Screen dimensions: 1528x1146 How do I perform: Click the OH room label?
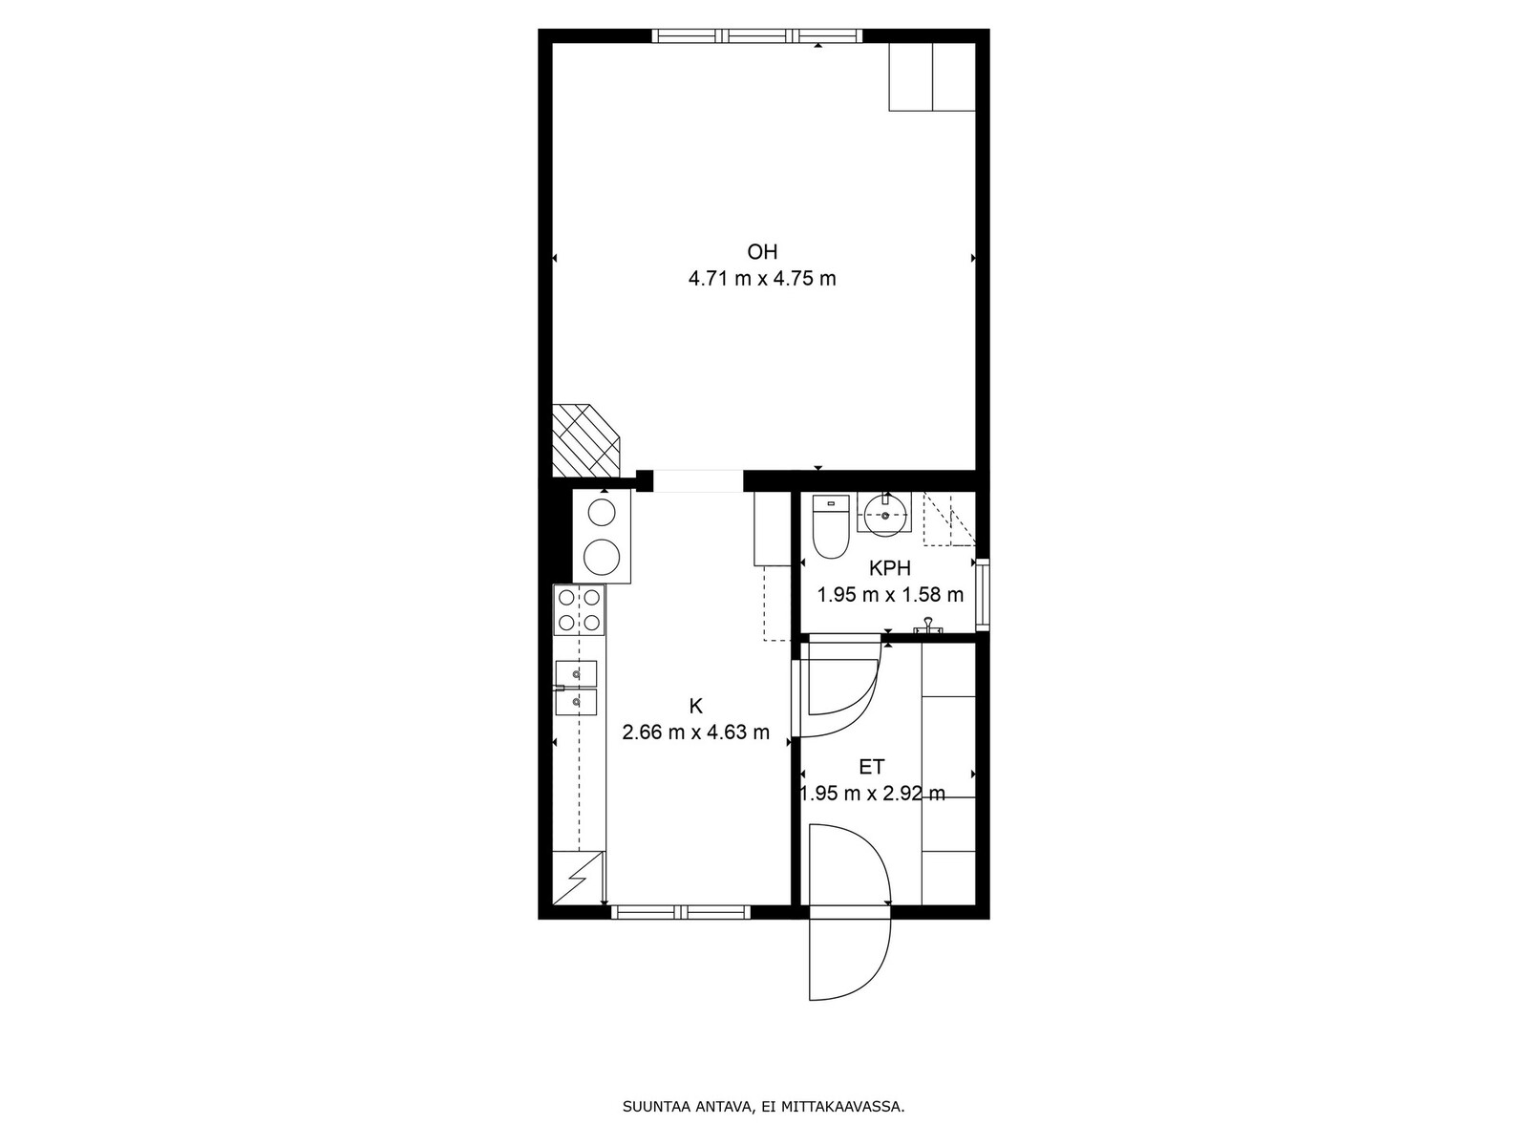pos(761,251)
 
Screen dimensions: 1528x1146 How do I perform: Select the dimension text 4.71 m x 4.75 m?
pos(761,279)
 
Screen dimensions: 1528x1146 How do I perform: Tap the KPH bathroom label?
pos(890,568)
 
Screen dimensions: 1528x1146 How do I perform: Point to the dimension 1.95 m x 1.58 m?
pos(890,595)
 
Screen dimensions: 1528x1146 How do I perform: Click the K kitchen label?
pos(695,707)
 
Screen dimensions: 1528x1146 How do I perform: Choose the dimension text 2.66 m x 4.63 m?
pos(695,732)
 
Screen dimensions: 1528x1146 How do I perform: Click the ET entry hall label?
pos(872,767)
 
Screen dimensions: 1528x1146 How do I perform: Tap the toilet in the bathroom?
pos(831,527)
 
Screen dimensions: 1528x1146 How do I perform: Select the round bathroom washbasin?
pos(884,516)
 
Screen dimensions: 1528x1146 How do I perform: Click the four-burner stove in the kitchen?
pos(579,609)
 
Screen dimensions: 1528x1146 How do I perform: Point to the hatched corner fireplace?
pos(585,440)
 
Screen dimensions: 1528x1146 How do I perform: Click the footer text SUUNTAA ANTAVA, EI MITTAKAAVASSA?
pos(763,1106)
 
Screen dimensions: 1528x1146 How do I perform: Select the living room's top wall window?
pos(756,35)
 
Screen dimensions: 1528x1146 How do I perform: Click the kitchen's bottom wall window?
pos(681,912)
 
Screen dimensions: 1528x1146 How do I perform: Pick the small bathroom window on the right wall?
pos(983,594)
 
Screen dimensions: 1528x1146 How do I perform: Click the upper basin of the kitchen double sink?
pos(576,673)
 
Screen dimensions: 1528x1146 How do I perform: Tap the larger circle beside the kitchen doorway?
pos(603,557)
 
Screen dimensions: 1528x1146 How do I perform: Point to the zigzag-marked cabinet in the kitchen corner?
pos(579,878)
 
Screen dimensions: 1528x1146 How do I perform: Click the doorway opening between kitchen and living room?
pos(698,481)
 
